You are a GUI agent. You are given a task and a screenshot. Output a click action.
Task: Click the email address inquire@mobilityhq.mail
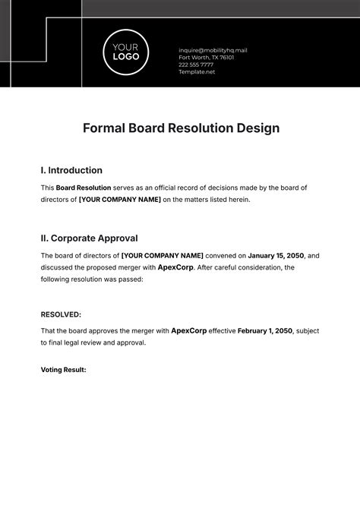[x=212, y=50]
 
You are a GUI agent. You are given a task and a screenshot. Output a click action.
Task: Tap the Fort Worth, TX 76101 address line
[x=206, y=58]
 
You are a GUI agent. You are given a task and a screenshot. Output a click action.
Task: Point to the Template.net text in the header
[x=197, y=73]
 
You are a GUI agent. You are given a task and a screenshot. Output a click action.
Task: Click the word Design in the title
[x=257, y=128]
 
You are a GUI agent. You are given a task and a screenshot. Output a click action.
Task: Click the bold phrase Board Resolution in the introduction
[x=84, y=188]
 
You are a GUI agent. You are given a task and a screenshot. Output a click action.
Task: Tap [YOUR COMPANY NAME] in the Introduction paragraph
[x=120, y=200]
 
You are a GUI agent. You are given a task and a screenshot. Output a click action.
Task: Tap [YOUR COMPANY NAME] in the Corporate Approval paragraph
[x=163, y=256]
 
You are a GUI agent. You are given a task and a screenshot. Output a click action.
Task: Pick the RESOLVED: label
[x=61, y=314]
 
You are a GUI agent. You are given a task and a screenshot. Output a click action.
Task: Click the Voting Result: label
[x=63, y=370]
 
